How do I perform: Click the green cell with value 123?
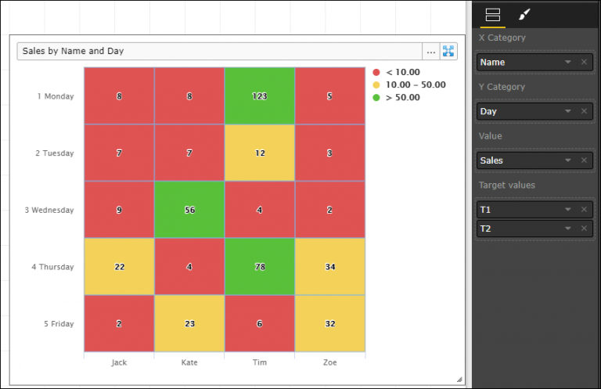(x=259, y=96)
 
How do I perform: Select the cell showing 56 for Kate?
(x=189, y=210)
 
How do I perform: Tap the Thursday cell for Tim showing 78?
(x=259, y=267)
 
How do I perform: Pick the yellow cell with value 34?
(x=329, y=267)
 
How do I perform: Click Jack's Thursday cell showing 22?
(x=119, y=267)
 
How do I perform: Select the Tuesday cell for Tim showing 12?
(x=259, y=153)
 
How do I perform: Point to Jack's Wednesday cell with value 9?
(x=119, y=210)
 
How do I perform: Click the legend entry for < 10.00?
(x=402, y=72)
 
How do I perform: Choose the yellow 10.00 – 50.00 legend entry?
(x=415, y=85)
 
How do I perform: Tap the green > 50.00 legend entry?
(x=402, y=98)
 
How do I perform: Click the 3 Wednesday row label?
(x=54, y=210)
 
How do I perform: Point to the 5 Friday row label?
(x=57, y=323)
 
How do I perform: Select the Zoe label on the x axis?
(x=329, y=363)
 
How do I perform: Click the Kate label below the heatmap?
(x=189, y=363)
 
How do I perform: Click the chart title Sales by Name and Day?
(x=74, y=51)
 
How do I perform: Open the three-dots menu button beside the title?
(x=430, y=52)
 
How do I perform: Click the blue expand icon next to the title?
(x=448, y=52)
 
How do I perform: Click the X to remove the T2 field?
(x=584, y=228)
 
